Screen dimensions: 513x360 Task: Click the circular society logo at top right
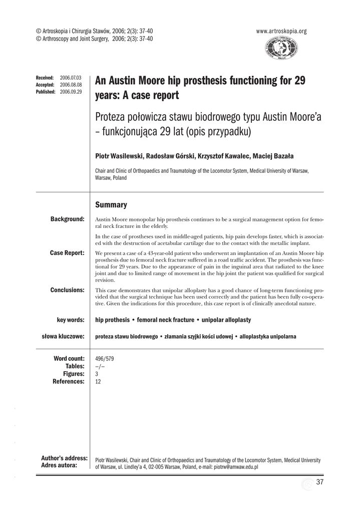point(281,49)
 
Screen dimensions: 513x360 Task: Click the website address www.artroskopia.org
point(281,31)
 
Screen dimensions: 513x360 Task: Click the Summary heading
point(111,205)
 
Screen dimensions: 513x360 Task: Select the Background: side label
point(68,219)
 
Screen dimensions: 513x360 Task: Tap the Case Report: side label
point(67,252)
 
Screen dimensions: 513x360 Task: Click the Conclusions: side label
point(68,290)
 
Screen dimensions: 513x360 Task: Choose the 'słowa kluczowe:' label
point(63,336)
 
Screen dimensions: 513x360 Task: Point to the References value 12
point(98,381)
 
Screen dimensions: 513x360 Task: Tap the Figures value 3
point(97,374)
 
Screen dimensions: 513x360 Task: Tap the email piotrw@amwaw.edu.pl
point(236,466)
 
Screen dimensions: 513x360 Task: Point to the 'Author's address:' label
point(65,458)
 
